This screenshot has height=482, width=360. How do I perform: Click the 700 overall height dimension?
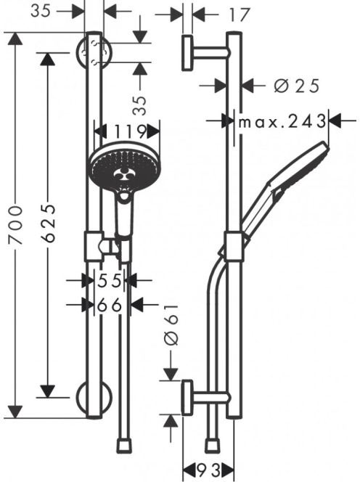point(16,225)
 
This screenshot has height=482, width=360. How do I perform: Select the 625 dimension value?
point(49,223)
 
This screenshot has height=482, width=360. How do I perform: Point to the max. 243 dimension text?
point(282,121)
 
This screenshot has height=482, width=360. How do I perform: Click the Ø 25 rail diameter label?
point(296,86)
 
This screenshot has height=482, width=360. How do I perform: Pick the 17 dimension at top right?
point(239,15)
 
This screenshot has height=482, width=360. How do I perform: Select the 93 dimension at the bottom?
point(209,471)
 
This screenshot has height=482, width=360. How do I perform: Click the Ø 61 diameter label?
point(171,325)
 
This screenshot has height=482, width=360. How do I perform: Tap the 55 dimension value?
point(110,280)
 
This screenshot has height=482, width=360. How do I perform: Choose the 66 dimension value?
point(110,306)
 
